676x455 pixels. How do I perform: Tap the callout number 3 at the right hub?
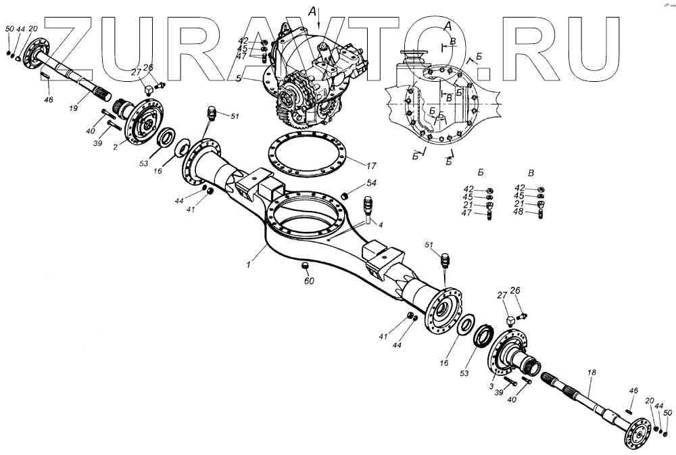coord(491,385)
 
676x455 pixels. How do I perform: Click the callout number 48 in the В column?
coord(518,213)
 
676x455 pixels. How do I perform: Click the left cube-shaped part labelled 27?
coord(146,89)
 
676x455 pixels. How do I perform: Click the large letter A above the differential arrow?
coord(311,11)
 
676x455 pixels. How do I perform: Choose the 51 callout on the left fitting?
coord(235,116)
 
